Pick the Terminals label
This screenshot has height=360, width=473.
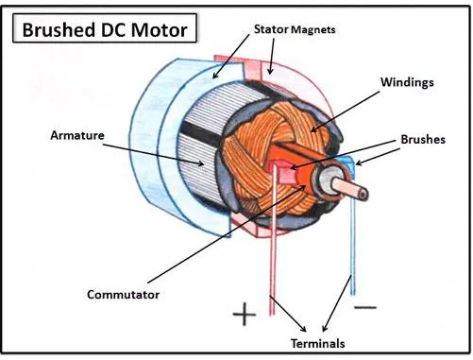coord(313,344)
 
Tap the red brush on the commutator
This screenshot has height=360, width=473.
coord(280,176)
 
